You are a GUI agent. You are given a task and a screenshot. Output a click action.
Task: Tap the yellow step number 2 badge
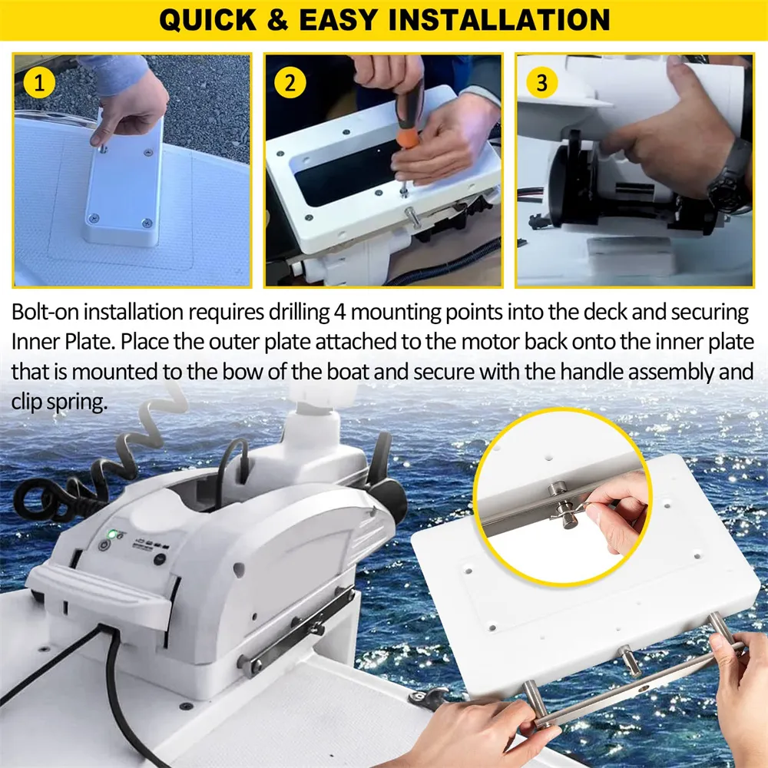coord(290,82)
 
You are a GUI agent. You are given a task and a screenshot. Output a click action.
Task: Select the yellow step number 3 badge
coord(541,82)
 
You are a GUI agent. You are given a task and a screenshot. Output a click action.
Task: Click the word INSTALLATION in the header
coord(499,20)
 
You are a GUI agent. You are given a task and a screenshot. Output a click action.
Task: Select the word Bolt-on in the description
coord(48,313)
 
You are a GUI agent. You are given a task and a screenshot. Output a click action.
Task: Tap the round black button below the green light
coord(103,545)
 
